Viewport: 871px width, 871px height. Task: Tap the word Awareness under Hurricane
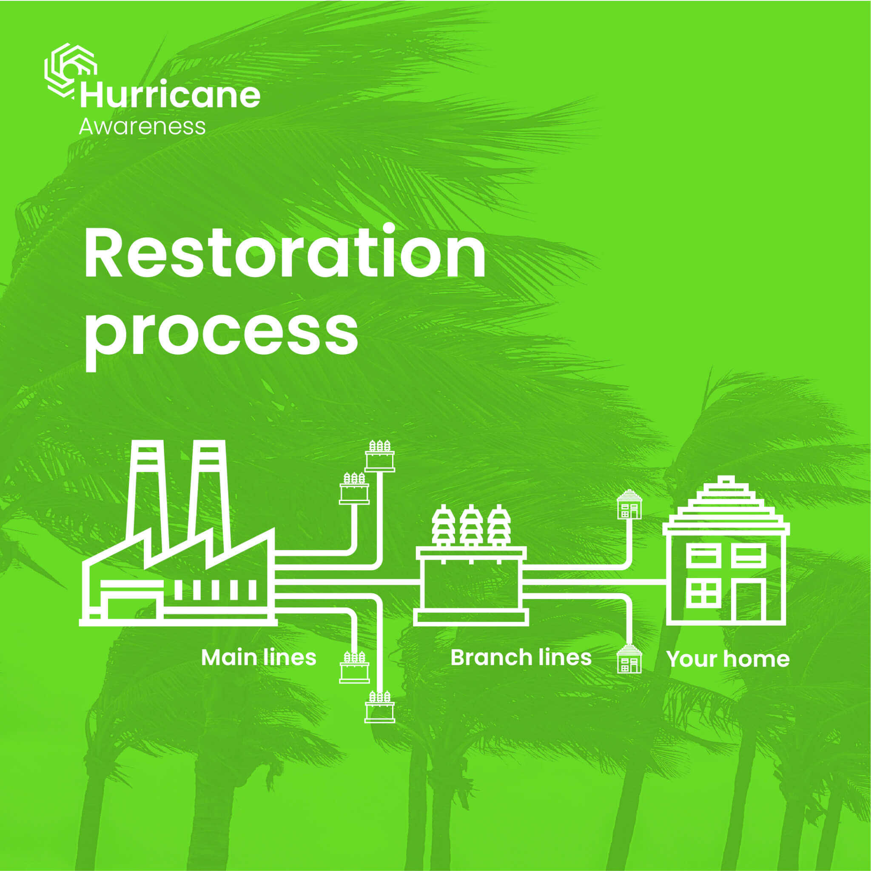pos(142,127)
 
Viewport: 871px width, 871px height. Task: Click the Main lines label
pos(258,658)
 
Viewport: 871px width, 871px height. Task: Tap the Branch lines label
pos(521,658)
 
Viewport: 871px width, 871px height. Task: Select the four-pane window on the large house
pos(704,593)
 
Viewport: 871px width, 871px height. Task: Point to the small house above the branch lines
pos(629,504)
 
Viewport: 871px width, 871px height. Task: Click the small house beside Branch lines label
pos(629,659)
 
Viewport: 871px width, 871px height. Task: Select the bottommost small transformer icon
pos(380,706)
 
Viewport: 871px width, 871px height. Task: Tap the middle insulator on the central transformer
pos(471,525)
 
